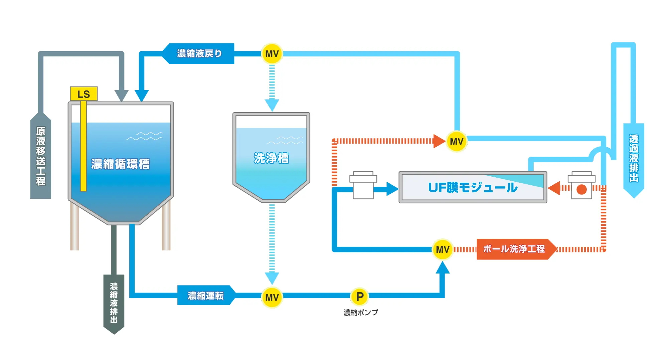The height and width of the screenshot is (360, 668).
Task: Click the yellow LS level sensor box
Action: coord(83,94)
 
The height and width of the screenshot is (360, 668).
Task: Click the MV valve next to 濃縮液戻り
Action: coord(272,54)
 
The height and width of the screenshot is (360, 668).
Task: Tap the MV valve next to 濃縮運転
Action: coord(272,297)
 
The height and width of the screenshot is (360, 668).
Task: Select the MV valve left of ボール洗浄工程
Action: coord(443,249)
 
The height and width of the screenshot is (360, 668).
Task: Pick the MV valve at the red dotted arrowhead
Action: coord(456,141)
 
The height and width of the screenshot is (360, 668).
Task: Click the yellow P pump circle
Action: coord(360,297)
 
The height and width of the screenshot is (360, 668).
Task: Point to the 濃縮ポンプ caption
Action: coord(361,313)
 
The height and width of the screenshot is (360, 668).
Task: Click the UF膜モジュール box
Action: coord(473,187)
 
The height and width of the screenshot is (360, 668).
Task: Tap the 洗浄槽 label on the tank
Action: coord(271,158)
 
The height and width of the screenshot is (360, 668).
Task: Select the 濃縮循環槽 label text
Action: coord(121,164)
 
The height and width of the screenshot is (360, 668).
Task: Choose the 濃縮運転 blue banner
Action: coord(206,296)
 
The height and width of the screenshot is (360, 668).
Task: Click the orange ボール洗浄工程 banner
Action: coord(514,249)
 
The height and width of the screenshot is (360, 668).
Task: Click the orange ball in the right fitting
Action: coord(581,189)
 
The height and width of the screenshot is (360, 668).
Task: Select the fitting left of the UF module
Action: coord(363,185)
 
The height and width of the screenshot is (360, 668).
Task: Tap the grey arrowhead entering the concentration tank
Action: coord(121,96)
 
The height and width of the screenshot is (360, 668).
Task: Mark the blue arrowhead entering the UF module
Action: coord(392,189)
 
